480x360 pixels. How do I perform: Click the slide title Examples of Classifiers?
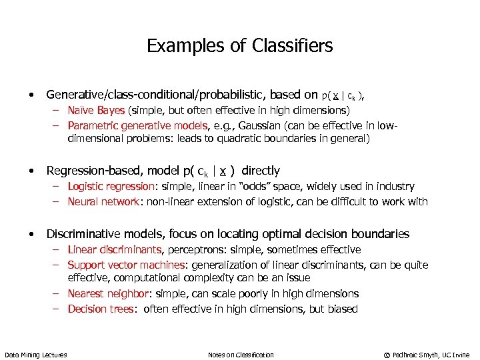click(x=239, y=46)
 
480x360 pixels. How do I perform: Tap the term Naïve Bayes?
click(x=96, y=110)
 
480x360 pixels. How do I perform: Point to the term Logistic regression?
click(x=109, y=187)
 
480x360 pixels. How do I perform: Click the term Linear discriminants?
click(x=115, y=249)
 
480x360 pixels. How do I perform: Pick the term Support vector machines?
click(x=123, y=265)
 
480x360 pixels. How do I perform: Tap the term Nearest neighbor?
click(x=104, y=293)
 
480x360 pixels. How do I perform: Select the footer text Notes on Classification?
click(x=241, y=355)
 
